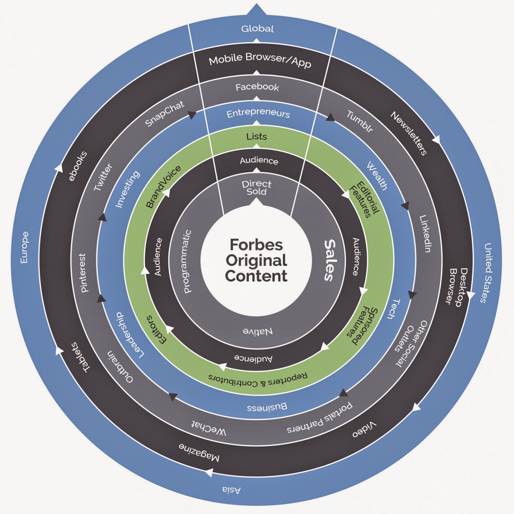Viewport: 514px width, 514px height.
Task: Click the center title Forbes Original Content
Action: click(256, 260)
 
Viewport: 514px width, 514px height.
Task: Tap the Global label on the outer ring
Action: click(257, 29)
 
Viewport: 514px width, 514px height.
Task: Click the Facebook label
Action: click(257, 87)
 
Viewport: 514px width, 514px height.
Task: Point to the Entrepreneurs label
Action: click(258, 113)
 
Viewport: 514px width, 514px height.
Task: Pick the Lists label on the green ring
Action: click(256, 137)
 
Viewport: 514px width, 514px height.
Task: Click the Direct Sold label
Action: click(256, 188)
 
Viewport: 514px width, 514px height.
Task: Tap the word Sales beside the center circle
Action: click(330, 260)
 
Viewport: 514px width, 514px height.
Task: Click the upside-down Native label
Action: click(258, 331)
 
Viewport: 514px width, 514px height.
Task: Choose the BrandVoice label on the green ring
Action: click(163, 187)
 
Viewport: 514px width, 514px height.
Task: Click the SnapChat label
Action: click(164, 113)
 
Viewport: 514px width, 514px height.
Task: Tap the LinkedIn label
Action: click(425, 234)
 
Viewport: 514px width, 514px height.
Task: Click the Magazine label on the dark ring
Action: click(199, 452)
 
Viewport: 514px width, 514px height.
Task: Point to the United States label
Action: click(488, 273)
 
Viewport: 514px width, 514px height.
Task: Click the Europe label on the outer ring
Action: click(24, 247)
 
